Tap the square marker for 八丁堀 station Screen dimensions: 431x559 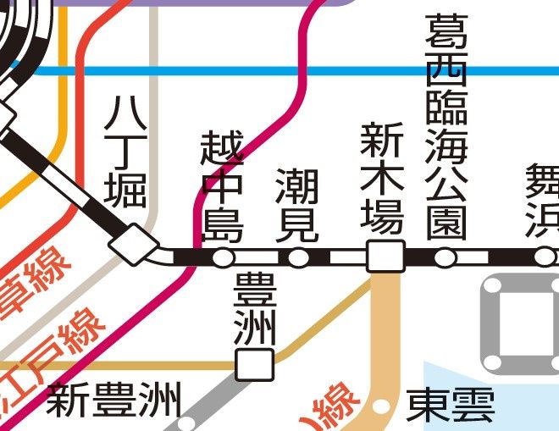click(x=133, y=245)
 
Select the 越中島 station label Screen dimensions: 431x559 click(x=222, y=187)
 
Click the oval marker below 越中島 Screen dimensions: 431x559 click(x=223, y=257)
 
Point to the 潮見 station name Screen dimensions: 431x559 click(x=298, y=205)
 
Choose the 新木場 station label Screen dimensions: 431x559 click(x=383, y=178)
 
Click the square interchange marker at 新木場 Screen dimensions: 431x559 click(x=386, y=257)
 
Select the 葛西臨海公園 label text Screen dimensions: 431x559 click(x=446, y=127)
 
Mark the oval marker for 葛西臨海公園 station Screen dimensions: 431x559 click(x=446, y=257)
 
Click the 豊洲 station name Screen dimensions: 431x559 click(x=253, y=309)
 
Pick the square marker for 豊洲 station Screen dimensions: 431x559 click(x=255, y=364)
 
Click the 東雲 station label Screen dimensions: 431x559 click(x=450, y=406)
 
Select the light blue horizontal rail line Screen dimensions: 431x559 click(x=254, y=70)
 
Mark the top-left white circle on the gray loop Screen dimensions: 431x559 click(x=495, y=290)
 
